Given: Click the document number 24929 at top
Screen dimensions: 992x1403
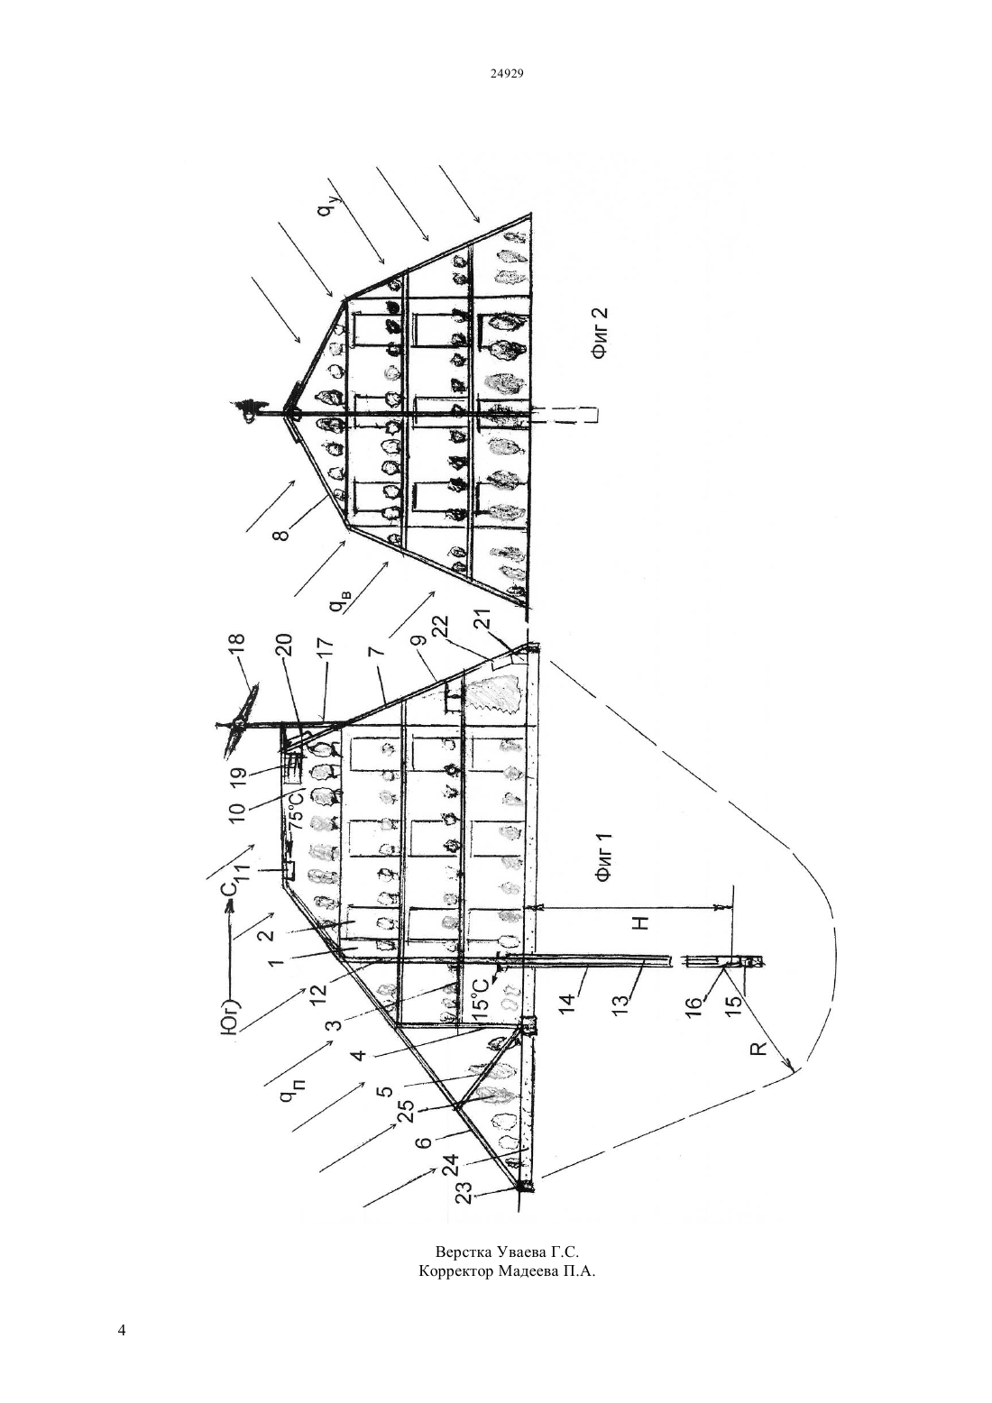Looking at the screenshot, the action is pyautogui.click(x=506, y=73).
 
